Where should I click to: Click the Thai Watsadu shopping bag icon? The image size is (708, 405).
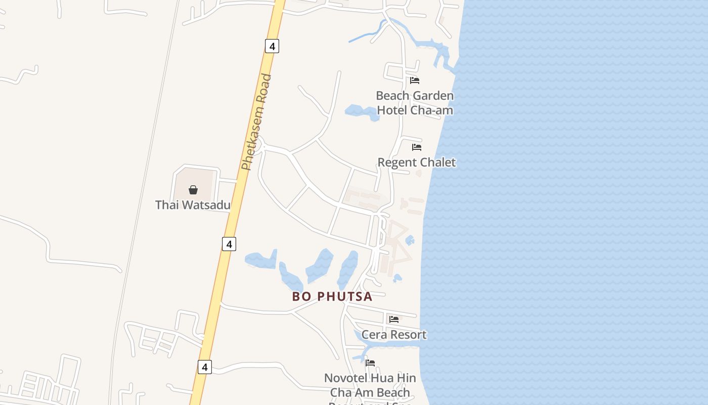193,190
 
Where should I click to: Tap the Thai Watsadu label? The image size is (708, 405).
193,205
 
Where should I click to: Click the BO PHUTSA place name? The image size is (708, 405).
332,297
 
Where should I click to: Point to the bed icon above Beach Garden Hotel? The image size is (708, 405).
415,80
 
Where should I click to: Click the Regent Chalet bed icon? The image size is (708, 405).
417,147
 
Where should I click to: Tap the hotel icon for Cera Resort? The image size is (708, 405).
394,319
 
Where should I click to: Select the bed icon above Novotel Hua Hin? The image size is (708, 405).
370,363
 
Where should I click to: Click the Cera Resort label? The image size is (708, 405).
394,335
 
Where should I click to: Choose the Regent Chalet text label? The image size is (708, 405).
417,163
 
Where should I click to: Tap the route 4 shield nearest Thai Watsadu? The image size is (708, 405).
229,244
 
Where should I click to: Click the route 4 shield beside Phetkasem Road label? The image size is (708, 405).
272,47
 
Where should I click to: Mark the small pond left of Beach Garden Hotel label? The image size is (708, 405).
361,112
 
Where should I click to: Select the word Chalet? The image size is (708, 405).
437,163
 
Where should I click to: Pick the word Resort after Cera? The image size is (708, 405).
407,335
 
